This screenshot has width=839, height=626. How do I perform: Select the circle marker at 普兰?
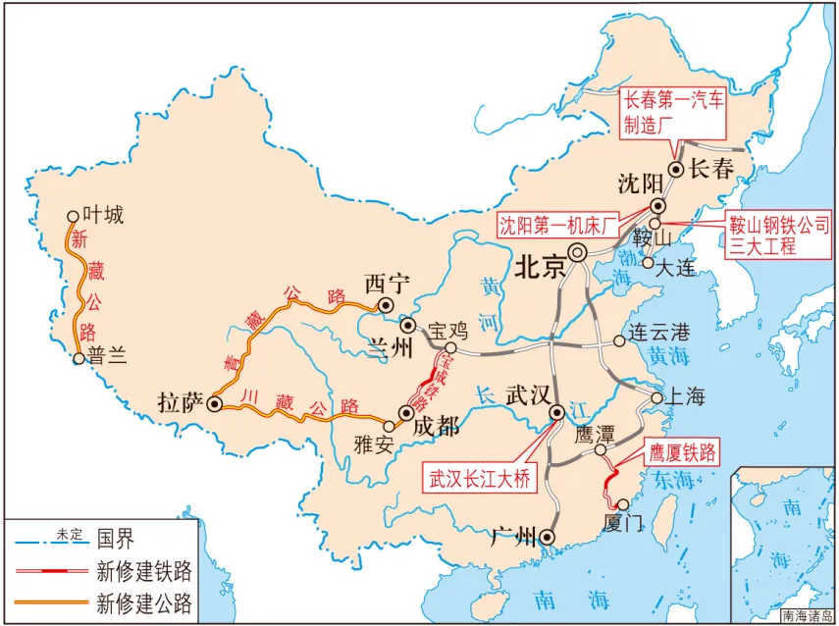click(79, 359)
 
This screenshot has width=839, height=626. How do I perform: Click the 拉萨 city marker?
click(215, 402)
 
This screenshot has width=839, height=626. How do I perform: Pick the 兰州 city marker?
click(408, 325)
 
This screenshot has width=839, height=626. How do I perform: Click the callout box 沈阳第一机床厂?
click(556, 225)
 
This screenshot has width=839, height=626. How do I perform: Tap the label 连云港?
click(658, 334)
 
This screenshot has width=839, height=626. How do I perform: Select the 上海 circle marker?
click(656, 397)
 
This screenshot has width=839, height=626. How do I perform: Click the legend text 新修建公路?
click(144, 601)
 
